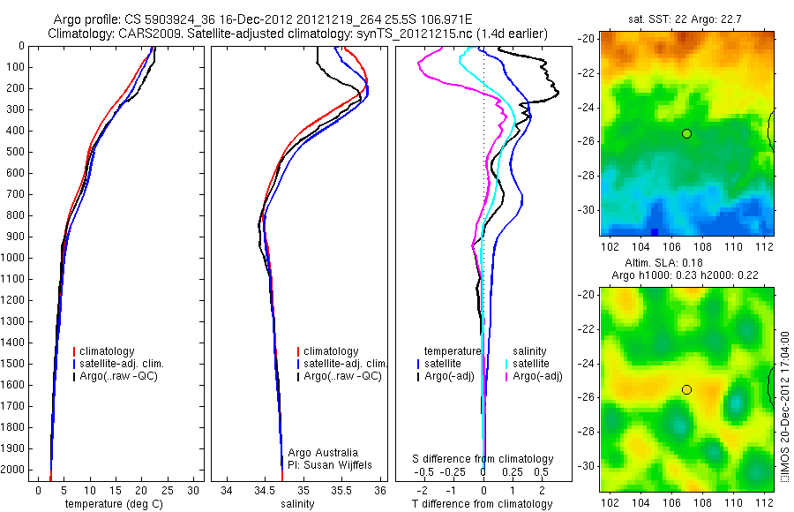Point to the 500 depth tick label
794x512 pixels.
coord(14,152)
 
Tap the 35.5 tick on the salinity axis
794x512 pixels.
coord(341,490)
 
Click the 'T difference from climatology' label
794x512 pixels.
coord(483,504)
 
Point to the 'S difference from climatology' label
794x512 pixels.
coord(483,459)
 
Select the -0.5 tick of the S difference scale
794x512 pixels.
coord(430,473)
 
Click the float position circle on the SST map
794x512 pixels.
coord(686,133)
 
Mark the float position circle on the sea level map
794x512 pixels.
coord(686,389)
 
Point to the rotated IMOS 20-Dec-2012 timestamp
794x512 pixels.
coord(784,409)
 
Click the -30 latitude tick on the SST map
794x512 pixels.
coord(587,210)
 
